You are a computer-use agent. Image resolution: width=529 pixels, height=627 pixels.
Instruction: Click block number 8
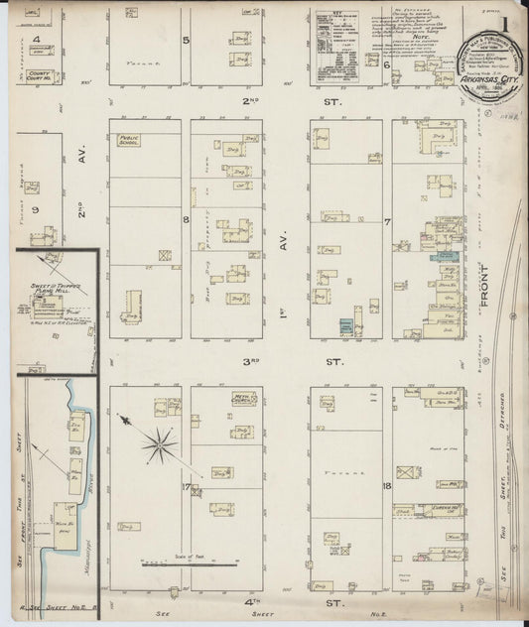[x=185, y=219]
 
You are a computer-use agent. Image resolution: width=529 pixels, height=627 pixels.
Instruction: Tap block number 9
[x=37, y=210]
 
